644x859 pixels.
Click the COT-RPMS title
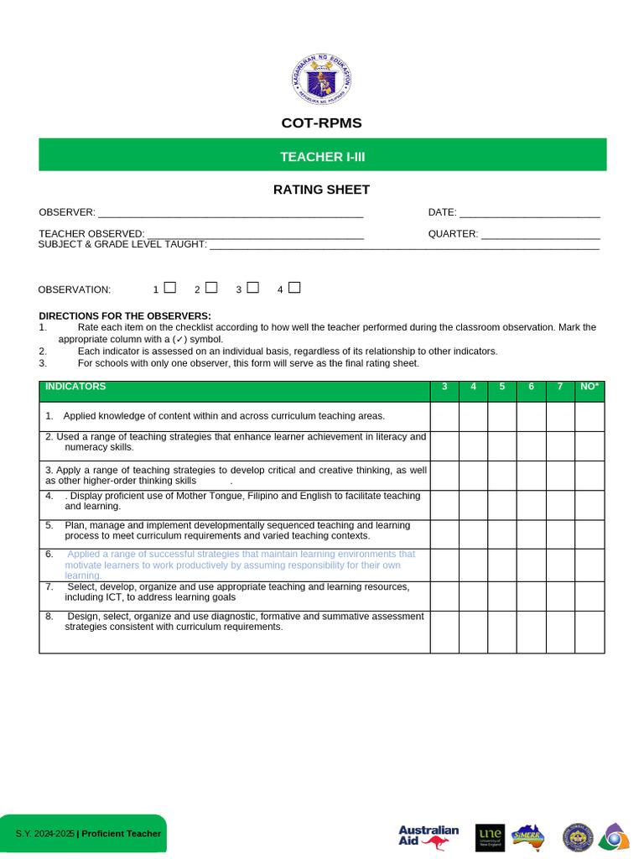pyautogui.click(x=321, y=123)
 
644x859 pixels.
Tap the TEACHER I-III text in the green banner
pyautogui.click(x=322, y=157)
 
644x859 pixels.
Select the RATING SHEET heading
pyautogui.click(x=321, y=190)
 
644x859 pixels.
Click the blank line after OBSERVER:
pyautogui.click(x=231, y=214)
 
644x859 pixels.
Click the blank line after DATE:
pyautogui.click(x=529, y=214)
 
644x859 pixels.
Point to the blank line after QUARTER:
pyautogui.click(x=540, y=236)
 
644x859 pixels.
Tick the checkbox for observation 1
pyautogui.click(x=170, y=288)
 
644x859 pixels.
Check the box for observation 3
pyautogui.click(x=253, y=288)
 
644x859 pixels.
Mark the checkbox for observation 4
pyautogui.click(x=294, y=288)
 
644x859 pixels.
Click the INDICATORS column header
pyautogui.click(x=75, y=387)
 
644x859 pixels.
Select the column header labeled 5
pyautogui.click(x=501, y=387)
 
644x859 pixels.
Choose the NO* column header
pyautogui.click(x=589, y=387)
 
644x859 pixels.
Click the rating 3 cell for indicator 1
pyautogui.click(x=444, y=417)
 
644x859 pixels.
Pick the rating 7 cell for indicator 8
pyautogui.click(x=560, y=632)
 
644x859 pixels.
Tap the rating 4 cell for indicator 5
pyautogui.click(x=473, y=534)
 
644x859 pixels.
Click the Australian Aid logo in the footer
pyautogui.click(x=428, y=837)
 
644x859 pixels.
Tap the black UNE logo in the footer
pyautogui.click(x=490, y=837)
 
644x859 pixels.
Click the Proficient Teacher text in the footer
pyautogui.click(x=121, y=834)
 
